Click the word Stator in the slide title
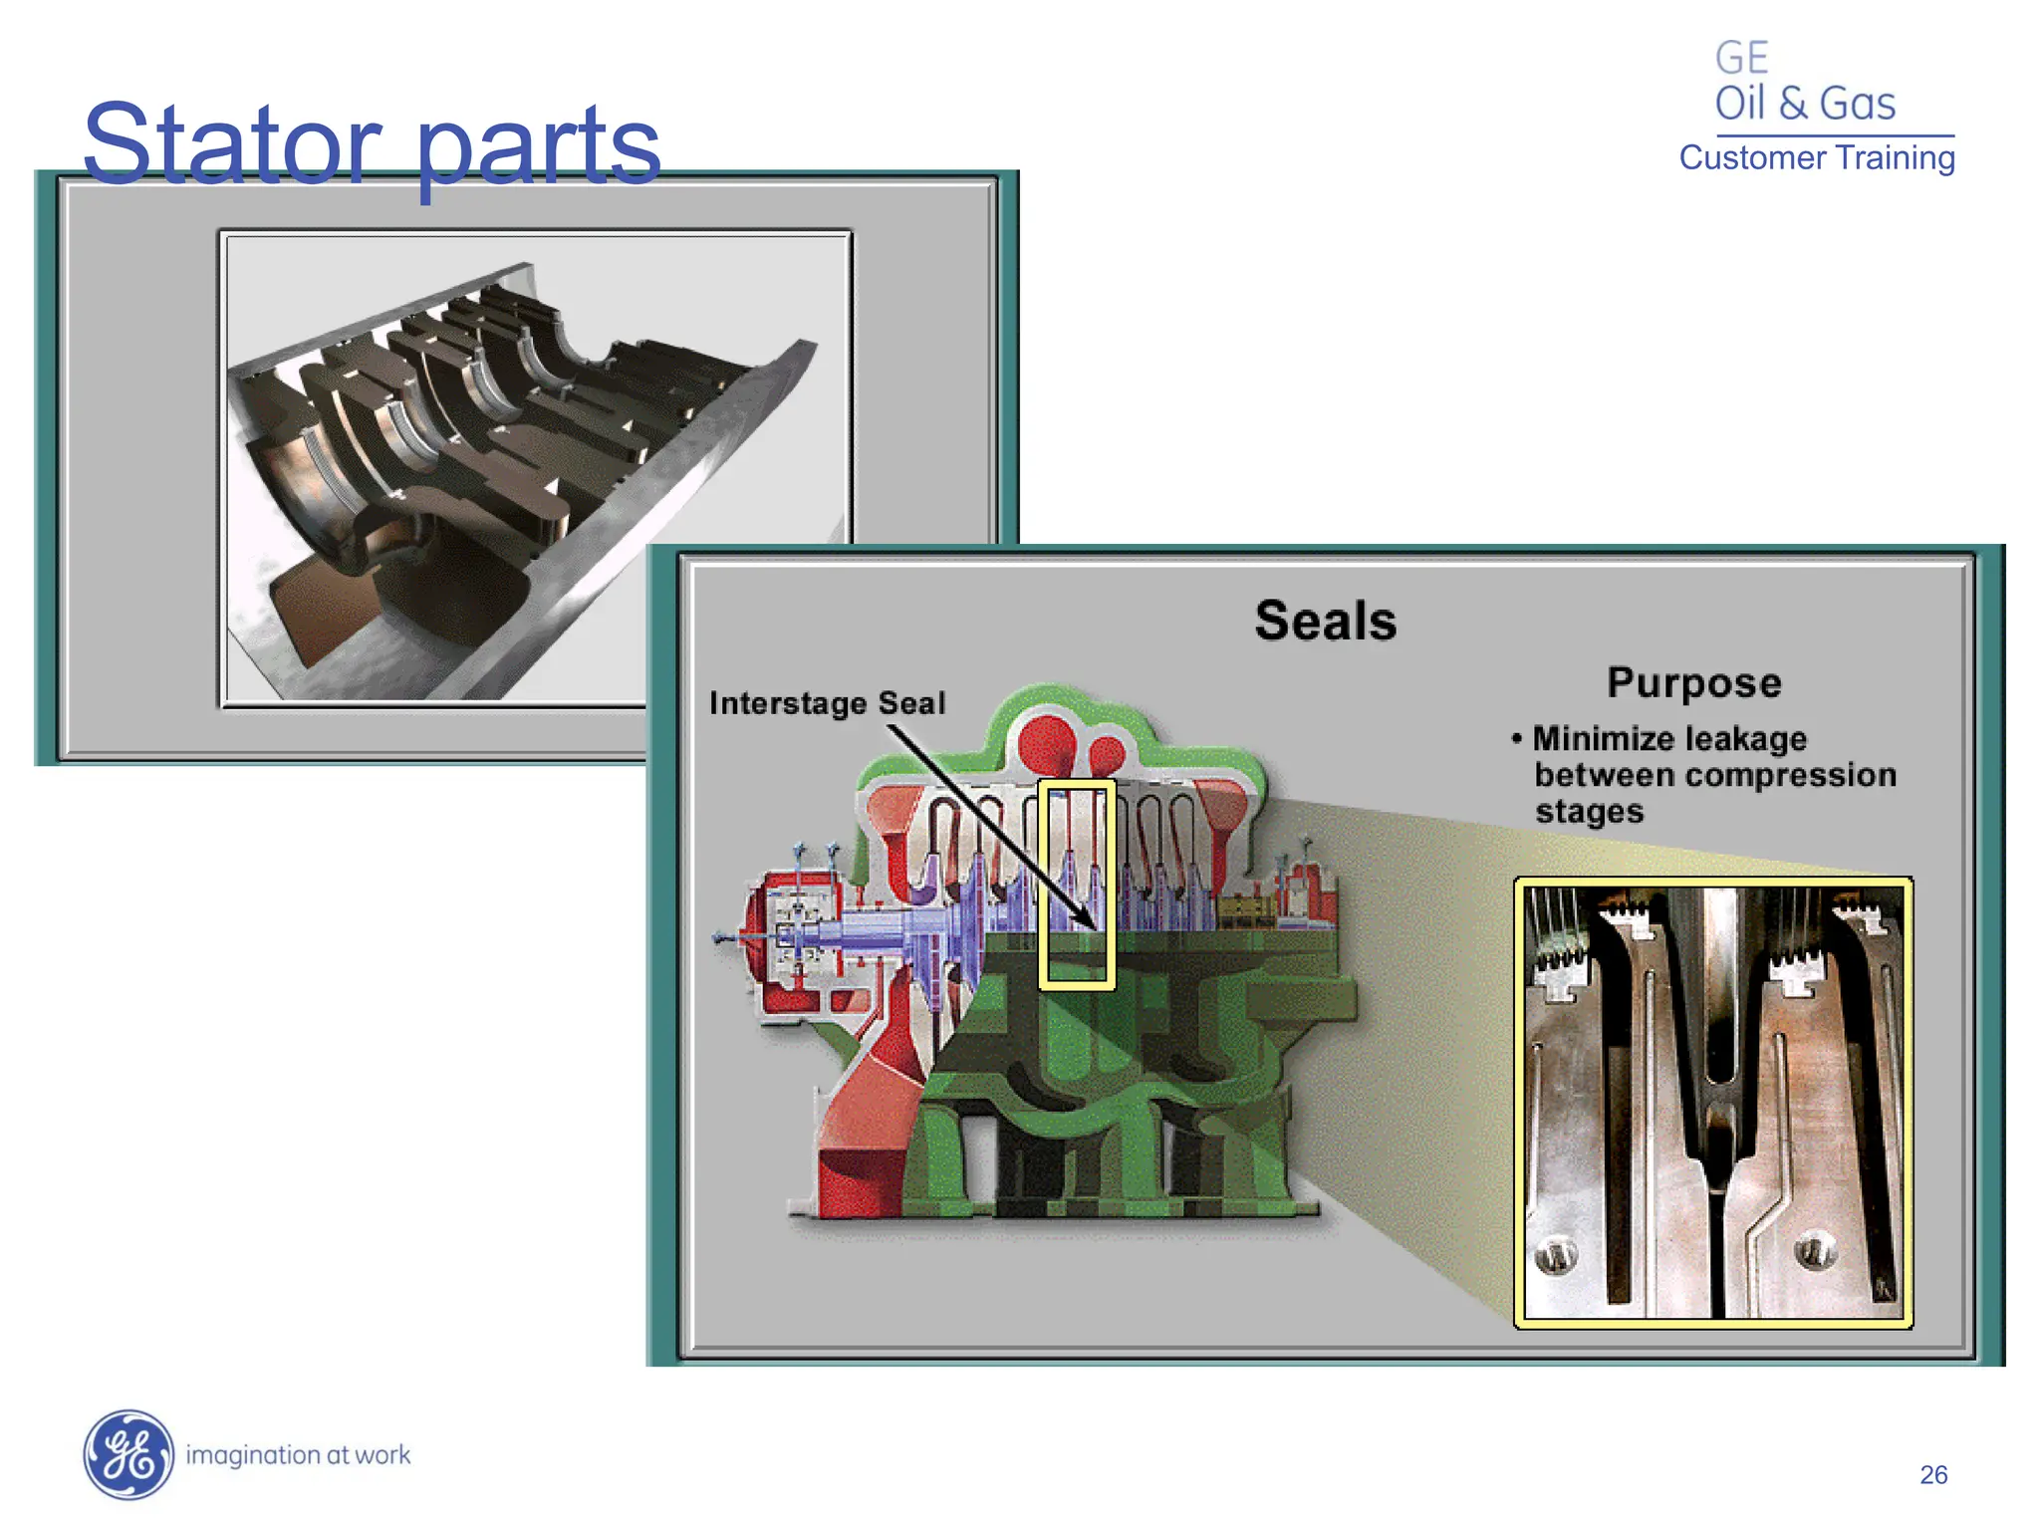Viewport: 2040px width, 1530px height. (231, 144)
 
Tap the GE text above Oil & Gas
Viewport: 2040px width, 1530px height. (1741, 58)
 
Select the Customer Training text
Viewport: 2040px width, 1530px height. (1817, 157)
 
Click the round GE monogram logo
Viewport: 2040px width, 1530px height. (127, 1454)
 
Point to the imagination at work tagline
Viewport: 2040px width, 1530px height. (298, 1455)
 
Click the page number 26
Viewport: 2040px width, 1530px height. (1933, 1474)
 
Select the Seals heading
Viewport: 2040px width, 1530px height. (1325, 621)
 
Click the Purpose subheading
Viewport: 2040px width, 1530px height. (1693, 683)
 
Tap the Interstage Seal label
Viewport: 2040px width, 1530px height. (827, 703)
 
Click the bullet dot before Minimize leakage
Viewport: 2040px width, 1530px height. (1516, 738)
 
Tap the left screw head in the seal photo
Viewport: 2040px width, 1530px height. (1556, 1254)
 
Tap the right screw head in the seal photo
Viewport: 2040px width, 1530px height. (1815, 1247)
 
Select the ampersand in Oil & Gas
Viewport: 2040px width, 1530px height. (1792, 104)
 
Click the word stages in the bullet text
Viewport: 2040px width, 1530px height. (1589, 812)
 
